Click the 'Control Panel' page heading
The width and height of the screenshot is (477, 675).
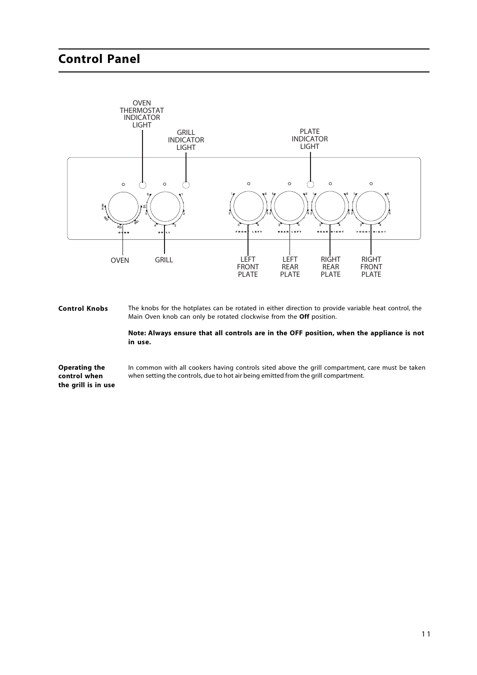(x=99, y=59)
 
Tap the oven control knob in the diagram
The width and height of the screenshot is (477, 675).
(x=123, y=206)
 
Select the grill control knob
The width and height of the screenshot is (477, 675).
(x=165, y=206)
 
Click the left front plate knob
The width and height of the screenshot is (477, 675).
(x=248, y=206)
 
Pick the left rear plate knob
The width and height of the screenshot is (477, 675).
(x=289, y=206)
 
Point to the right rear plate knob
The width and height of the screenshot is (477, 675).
(x=330, y=206)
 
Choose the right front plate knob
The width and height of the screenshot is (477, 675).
(x=371, y=206)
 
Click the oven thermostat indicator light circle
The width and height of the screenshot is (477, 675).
(x=142, y=184)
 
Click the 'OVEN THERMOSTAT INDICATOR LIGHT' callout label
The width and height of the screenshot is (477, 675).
(x=142, y=114)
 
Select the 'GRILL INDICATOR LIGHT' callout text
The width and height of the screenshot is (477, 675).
(x=186, y=140)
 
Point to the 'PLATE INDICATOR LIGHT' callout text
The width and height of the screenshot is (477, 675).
(x=310, y=139)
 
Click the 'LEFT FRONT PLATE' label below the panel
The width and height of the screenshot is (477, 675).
(x=248, y=267)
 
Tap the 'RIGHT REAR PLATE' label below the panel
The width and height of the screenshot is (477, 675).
(x=330, y=267)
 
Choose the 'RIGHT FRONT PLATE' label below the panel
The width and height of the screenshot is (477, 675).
(x=371, y=267)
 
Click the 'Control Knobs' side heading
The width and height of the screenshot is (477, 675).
(x=83, y=309)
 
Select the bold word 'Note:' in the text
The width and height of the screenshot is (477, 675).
(x=136, y=333)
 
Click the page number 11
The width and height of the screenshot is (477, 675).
(x=425, y=634)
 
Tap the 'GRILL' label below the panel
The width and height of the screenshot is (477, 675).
(x=164, y=260)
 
